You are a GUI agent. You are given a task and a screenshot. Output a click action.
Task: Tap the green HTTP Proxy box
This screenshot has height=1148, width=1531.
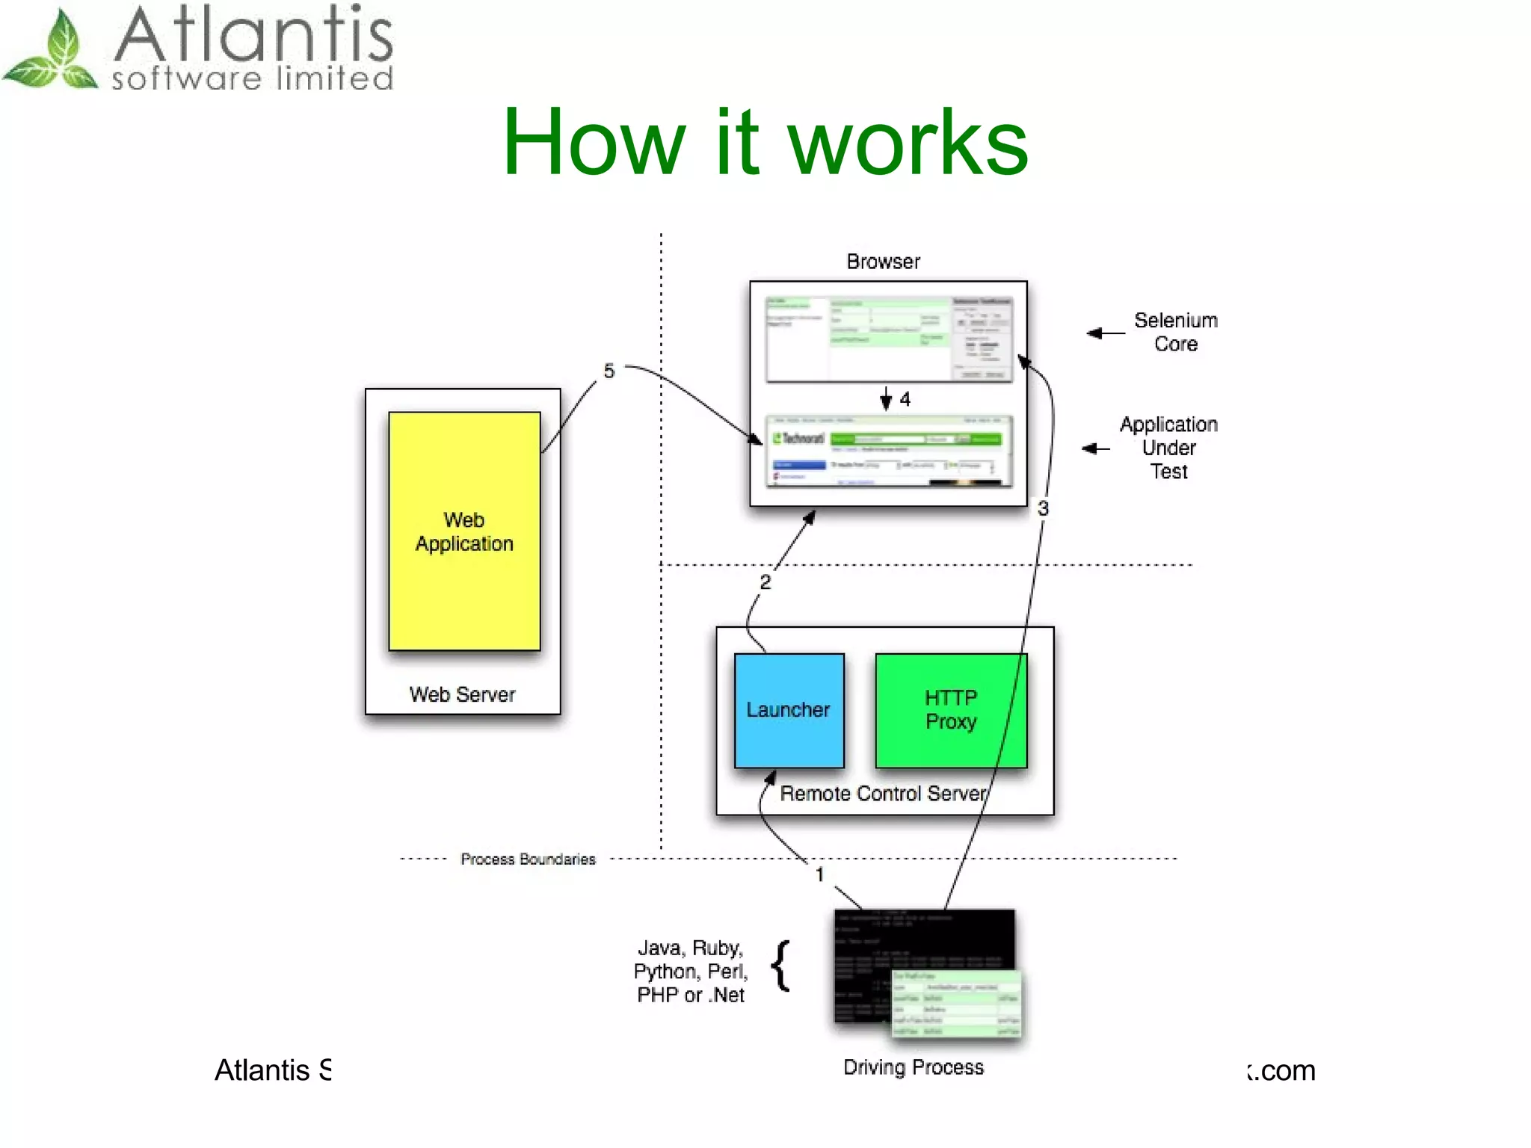pyautogui.click(x=950, y=710)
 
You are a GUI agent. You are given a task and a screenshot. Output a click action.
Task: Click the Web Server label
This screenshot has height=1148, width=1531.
pyautogui.click(x=462, y=694)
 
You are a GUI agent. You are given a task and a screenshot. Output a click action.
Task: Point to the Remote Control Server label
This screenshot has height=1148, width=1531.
pyautogui.click(x=882, y=794)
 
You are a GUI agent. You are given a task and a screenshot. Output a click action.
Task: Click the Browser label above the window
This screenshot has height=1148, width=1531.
pyautogui.click(x=883, y=262)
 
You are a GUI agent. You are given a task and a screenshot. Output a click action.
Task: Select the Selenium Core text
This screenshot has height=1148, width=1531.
pyautogui.click(x=1175, y=332)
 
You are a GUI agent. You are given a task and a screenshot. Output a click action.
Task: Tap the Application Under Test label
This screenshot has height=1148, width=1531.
pyautogui.click(x=1168, y=448)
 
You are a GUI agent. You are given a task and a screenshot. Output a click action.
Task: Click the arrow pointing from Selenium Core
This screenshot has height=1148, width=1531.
pyautogui.click(x=1105, y=333)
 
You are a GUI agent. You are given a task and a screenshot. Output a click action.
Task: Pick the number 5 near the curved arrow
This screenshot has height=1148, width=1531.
pyautogui.click(x=609, y=371)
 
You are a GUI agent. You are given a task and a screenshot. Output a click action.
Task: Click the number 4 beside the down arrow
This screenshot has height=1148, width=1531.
pyautogui.click(x=905, y=399)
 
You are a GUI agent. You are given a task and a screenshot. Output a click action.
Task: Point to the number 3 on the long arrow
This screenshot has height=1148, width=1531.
pyautogui.click(x=1043, y=509)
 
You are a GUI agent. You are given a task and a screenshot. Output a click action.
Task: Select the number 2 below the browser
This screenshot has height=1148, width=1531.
pyautogui.click(x=765, y=582)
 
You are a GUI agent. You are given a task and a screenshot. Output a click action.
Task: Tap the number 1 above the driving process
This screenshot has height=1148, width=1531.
pyautogui.click(x=819, y=874)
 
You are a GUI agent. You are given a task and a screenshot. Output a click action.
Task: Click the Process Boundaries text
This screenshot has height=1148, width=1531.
pyautogui.click(x=528, y=860)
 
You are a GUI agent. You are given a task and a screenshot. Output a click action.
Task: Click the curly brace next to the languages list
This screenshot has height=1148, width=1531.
pyautogui.click(x=780, y=966)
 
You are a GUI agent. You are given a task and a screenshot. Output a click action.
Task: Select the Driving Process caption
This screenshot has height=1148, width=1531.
pyautogui.click(x=914, y=1067)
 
